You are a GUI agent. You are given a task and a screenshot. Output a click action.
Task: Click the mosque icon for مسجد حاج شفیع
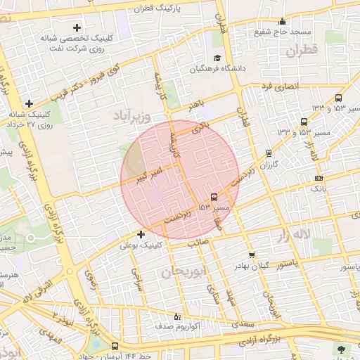tap(282, 21)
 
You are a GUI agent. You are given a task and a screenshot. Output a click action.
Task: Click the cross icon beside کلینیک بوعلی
tap(141, 234)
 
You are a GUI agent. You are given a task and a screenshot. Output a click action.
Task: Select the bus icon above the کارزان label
tap(269, 153)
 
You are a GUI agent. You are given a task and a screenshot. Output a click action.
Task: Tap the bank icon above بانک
tap(319, 178)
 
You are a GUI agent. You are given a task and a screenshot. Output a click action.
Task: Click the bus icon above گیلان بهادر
tap(252, 254)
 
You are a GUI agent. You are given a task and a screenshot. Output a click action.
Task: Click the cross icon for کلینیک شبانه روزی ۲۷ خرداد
tap(29, 103)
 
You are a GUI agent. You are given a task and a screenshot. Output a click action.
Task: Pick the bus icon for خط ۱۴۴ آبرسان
tap(115, 346)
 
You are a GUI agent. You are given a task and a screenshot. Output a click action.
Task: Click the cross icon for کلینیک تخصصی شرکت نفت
tap(77, 27)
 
